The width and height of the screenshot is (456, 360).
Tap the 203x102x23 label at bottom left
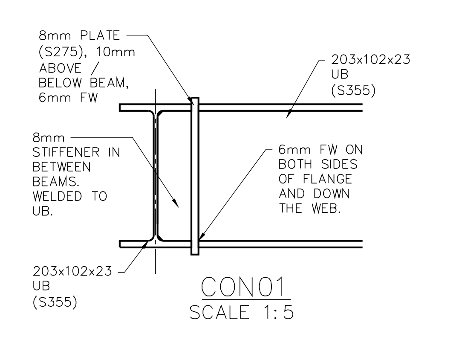coord(72,271)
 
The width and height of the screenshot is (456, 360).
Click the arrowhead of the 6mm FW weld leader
coord(200,240)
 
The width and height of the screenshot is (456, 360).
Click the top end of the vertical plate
coord(195,99)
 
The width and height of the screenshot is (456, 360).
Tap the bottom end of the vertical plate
coord(195,254)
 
